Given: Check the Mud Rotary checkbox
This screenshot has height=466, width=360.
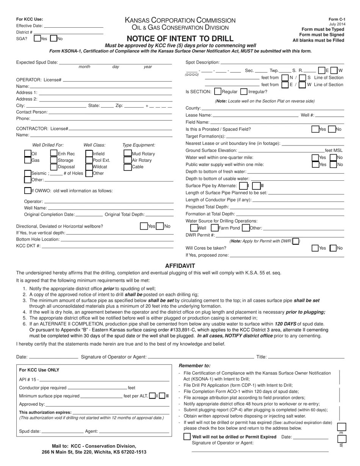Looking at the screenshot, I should [x=127, y=153].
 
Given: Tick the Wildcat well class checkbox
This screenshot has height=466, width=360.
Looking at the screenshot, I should [x=89, y=167].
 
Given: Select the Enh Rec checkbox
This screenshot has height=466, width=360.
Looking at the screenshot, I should [x=54, y=153].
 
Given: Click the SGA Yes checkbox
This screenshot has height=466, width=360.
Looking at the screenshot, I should [x=37, y=38].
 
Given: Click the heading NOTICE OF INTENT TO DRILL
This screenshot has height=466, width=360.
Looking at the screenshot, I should [x=180, y=39].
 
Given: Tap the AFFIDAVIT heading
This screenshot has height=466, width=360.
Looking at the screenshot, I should [x=180, y=266].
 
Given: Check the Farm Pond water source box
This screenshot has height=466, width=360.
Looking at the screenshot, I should [x=214, y=228].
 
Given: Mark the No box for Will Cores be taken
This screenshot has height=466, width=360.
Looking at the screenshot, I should [x=333, y=248].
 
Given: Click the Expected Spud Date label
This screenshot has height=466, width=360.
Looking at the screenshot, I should [x=37, y=62].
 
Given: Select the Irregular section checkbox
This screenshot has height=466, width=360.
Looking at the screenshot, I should [x=244, y=91].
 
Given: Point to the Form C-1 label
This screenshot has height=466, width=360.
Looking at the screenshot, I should [x=337, y=19].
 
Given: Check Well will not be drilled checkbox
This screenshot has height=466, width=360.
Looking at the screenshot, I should [x=187, y=436].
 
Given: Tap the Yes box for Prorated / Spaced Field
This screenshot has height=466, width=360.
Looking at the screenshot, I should [x=315, y=129].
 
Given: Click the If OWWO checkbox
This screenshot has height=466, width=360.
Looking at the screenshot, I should [x=28, y=191].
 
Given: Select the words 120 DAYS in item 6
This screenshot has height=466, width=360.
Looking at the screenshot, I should [x=284, y=324].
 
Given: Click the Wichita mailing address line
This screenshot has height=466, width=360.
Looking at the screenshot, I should [x=94, y=452].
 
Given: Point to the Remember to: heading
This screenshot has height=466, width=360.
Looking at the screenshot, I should [x=194, y=366].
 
